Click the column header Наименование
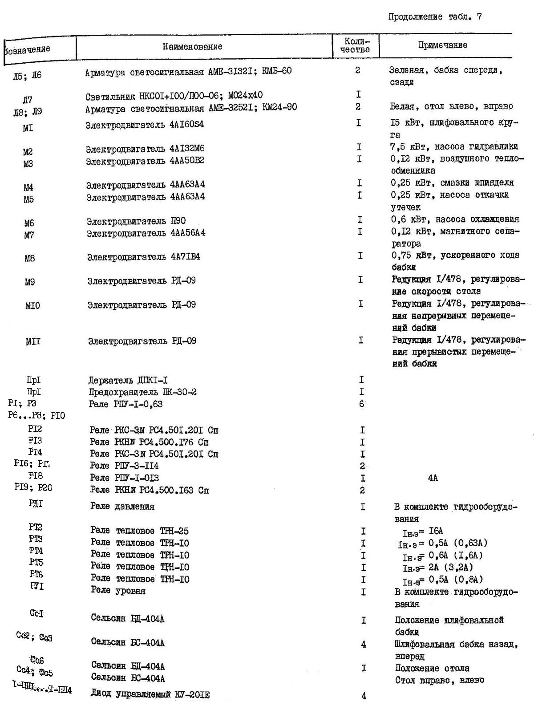point(192,46)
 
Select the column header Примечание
point(442,45)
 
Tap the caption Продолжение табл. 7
point(435,17)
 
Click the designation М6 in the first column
point(29,223)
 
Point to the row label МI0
point(32,305)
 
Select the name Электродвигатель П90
point(136,221)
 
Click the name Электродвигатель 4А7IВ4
point(143,257)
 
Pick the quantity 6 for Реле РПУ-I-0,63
point(361,404)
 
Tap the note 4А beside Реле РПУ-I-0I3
point(433,478)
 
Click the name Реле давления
point(122,507)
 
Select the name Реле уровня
point(118,591)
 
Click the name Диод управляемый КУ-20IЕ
point(150,694)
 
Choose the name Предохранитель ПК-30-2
point(142,392)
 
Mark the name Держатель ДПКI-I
point(128,380)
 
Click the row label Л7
point(28,100)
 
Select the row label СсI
point(36,613)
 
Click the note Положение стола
point(432,668)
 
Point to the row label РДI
point(36,503)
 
